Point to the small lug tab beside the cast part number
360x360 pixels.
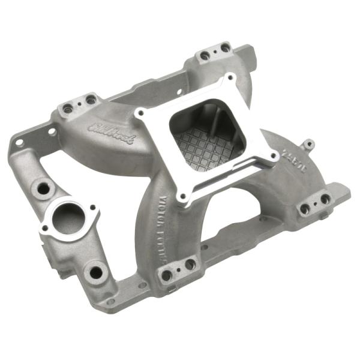(x=308, y=144)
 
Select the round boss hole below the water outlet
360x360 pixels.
(x=96, y=272)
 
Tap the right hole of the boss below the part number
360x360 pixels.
(x=325, y=199)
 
